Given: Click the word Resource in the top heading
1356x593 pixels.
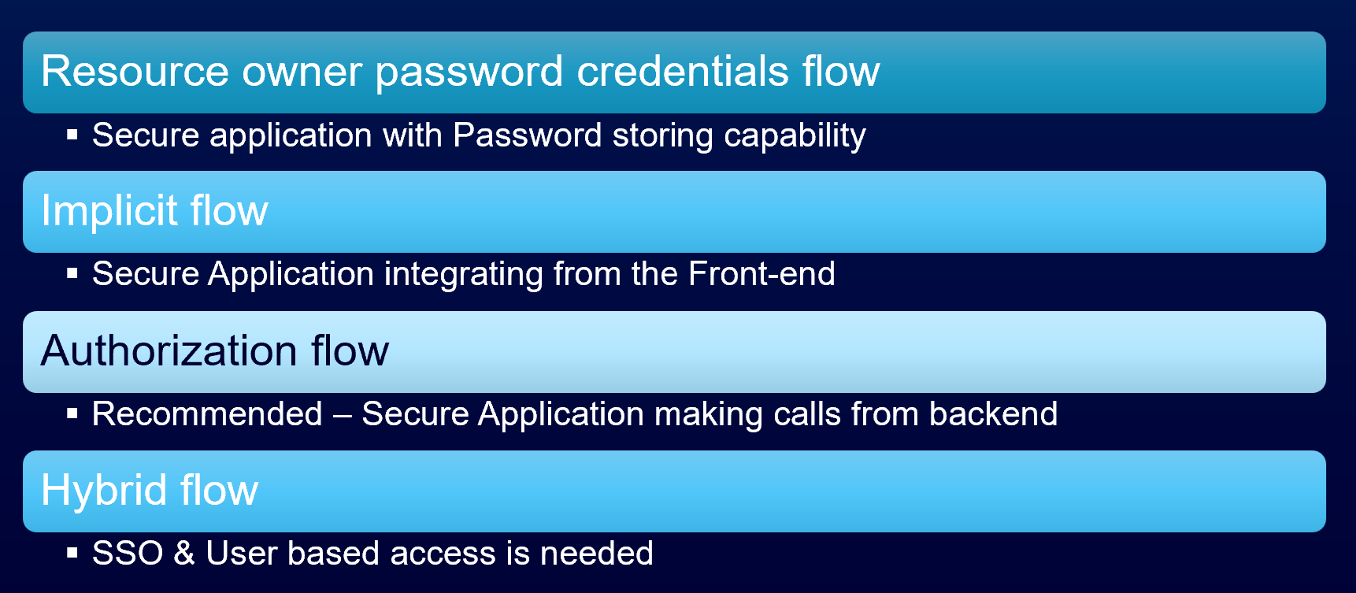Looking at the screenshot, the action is (x=135, y=71).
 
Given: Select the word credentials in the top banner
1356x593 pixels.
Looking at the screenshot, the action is (x=683, y=71).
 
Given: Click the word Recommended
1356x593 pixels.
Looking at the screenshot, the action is (x=207, y=414).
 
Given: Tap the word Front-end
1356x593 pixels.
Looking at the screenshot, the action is (x=761, y=274).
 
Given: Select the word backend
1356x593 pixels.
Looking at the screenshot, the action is (x=993, y=414).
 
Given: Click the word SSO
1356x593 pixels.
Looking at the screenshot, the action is (x=128, y=553).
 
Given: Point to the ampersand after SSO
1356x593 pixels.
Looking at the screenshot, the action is (x=184, y=553).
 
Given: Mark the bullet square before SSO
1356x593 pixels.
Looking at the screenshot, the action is (x=72, y=553).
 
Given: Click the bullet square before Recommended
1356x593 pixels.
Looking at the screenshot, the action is (x=72, y=413).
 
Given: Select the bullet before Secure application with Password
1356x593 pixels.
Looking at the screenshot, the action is (x=72, y=135).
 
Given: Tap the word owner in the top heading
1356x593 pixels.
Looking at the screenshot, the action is (x=302, y=72).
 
